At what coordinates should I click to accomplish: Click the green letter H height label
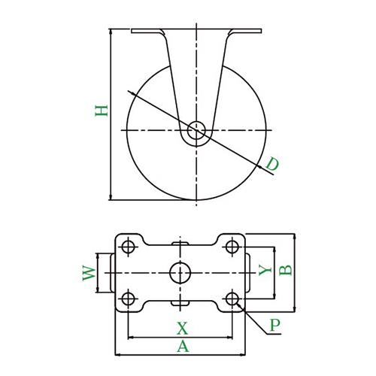102,111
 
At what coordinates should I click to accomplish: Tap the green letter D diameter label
272,164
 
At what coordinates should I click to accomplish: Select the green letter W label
89,274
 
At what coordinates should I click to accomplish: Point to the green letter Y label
265,270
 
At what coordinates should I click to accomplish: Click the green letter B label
286,270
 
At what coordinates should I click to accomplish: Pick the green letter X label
182,329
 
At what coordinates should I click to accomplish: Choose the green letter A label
183,347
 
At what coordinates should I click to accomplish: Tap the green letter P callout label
275,325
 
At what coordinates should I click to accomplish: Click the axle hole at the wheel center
196,130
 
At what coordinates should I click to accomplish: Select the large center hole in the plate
180,273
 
